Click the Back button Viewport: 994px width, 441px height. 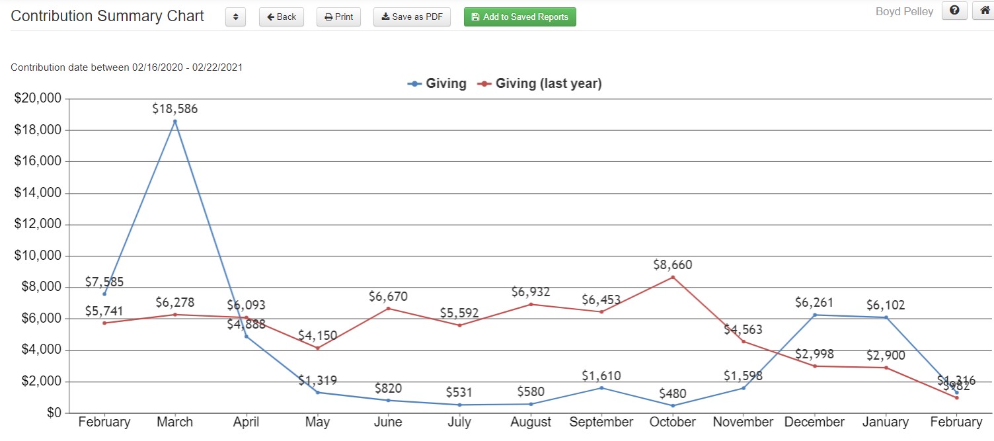point(281,17)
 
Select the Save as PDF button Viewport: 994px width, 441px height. point(412,17)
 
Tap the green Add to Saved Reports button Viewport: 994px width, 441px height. point(519,17)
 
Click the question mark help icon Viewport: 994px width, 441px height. point(954,11)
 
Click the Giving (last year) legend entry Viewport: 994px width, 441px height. point(540,84)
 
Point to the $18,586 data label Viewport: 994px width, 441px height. point(174,108)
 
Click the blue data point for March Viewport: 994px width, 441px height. point(175,121)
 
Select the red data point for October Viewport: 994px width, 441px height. point(673,277)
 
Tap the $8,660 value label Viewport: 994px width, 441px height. point(673,264)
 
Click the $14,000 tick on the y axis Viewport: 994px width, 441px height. point(38,193)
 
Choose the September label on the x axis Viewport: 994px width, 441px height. point(601,422)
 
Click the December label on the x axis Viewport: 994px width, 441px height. point(814,422)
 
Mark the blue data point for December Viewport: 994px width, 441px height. point(815,315)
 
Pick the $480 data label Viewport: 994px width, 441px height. point(673,393)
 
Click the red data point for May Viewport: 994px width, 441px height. point(317,348)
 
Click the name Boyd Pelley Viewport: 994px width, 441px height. point(904,12)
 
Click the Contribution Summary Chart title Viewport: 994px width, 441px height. point(108,17)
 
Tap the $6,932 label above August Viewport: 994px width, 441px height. point(530,292)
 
